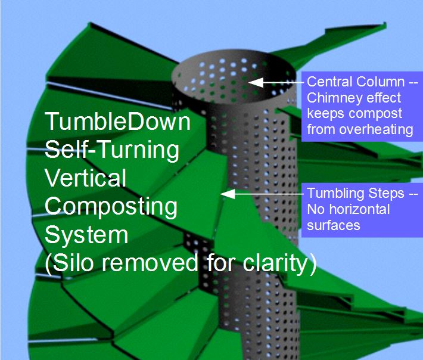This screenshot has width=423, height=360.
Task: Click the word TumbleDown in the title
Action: pos(118,122)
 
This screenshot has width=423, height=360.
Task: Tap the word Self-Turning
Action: pos(112,150)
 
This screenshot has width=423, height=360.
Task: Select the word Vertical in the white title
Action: pos(86,178)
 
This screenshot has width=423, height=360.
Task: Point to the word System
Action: pos(86,234)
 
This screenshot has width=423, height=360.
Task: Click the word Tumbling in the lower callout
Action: pos(332,193)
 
